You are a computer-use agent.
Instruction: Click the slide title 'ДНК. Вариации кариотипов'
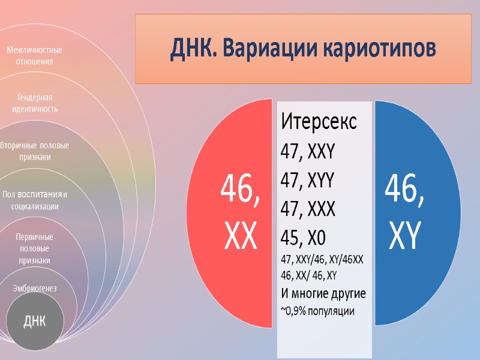click(x=303, y=48)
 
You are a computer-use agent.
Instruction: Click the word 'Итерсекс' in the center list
click(x=319, y=122)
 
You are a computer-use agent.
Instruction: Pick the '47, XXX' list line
click(x=308, y=209)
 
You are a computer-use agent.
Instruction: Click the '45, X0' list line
click(x=303, y=238)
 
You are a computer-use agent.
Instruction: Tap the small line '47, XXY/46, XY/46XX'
click(x=322, y=260)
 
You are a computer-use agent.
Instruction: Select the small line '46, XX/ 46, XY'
click(x=308, y=276)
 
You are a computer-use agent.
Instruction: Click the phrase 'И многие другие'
click(x=323, y=293)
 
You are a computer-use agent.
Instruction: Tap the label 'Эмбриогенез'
click(x=34, y=289)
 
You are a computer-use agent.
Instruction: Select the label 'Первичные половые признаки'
click(x=34, y=248)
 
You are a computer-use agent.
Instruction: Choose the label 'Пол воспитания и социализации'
click(x=34, y=200)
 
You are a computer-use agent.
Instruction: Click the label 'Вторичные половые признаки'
click(x=34, y=151)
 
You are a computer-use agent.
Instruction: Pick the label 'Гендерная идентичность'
click(x=34, y=103)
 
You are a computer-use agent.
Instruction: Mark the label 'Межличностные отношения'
click(x=34, y=55)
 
